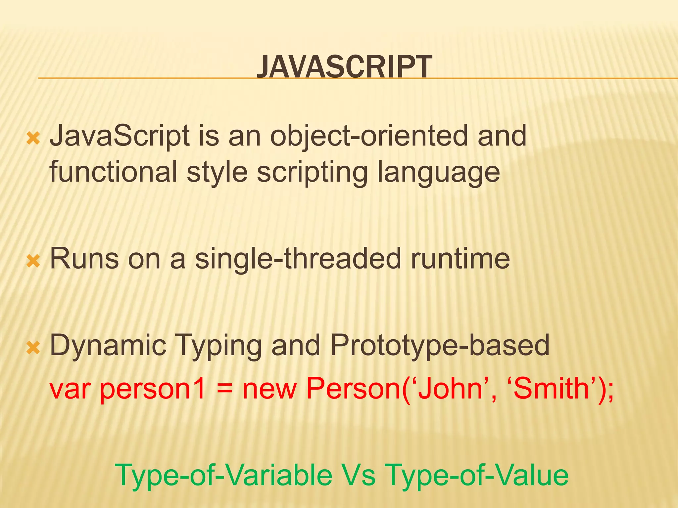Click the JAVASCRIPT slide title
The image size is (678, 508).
(344, 67)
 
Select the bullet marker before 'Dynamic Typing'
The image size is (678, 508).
(33, 348)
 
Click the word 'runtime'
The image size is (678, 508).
(460, 259)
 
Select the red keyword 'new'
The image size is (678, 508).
(269, 389)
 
